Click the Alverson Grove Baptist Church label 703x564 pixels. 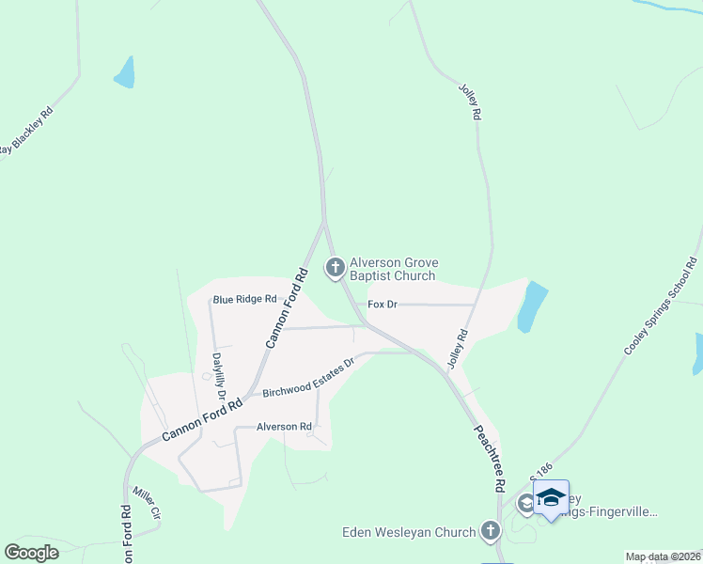[393, 270]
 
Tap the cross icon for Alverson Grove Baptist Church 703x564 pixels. [334, 268]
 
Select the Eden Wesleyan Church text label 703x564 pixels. [409, 533]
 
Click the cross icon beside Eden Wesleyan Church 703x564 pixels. [489, 532]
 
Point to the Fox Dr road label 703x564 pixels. [383, 305]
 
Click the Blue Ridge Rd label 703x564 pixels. [244, 300]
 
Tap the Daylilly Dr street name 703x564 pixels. [218, 375]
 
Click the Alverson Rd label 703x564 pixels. [284, 427]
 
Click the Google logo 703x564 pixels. [32, 552]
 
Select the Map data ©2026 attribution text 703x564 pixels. [662, 556]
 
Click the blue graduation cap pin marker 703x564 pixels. [551, 498]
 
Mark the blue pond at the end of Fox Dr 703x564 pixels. [532, 306]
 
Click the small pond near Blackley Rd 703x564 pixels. [124, 72]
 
